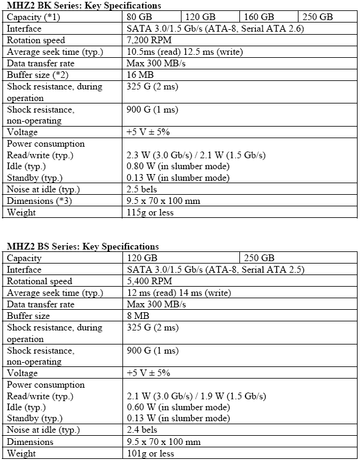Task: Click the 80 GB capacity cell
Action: tap(140, 17)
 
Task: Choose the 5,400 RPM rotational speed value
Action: tap(149, 281)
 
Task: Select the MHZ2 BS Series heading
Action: tap(82, 246)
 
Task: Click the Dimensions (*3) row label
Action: tap(39, 201)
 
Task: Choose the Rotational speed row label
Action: tap(40, 281)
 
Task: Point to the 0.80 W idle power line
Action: tap(177, 166)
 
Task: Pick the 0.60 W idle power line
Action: tap(177, 407)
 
